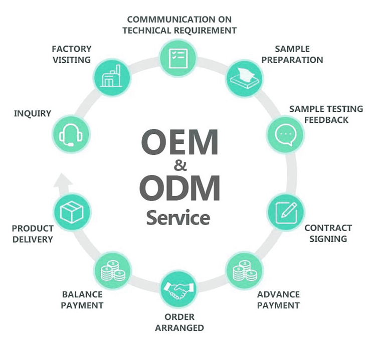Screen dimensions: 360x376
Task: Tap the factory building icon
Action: pyautogui.click(x=112, y=77)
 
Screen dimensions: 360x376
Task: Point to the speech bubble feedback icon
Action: pyautogui.click(x=285, y=134)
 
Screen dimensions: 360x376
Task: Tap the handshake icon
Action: pyautogui.click(x=178, y=289)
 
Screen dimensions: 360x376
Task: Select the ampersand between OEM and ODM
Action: pyautogui.click(x=179, y=165)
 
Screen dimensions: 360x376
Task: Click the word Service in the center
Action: pyautogui.click(x=177, y=218)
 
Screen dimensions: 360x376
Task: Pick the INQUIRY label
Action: pyautogui.click(x=33, y=114)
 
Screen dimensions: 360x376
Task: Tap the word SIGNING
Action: pyautogui.click(x=328, y=239)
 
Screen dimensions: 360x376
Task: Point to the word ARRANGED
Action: pyautogui.click(x=179, y=328)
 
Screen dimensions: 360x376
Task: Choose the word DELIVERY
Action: pyautogui.click(x=33, y=239)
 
